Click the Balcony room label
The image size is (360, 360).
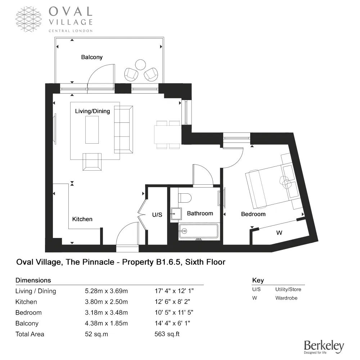92,57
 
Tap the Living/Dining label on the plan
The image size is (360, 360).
92,111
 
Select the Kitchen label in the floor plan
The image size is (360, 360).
82,219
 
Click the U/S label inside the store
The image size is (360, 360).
157,215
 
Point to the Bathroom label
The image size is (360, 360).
200,213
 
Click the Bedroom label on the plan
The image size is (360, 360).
253,214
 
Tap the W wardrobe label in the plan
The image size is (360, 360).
279,233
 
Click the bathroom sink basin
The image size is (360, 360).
175,213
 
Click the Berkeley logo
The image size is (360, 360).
324,347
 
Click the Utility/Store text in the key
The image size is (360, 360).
288,289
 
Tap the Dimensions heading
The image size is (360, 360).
33,280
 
